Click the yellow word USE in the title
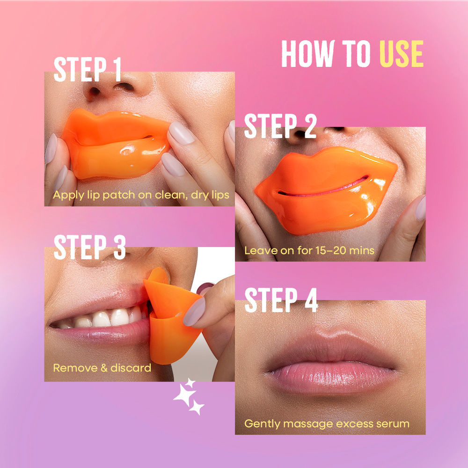402,54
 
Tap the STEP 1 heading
88,70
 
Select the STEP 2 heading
280,126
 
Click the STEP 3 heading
89,248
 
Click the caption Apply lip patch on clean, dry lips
141,195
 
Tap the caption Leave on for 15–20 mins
309,250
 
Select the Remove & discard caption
102,368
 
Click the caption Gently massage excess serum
327,424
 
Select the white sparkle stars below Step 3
189,396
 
